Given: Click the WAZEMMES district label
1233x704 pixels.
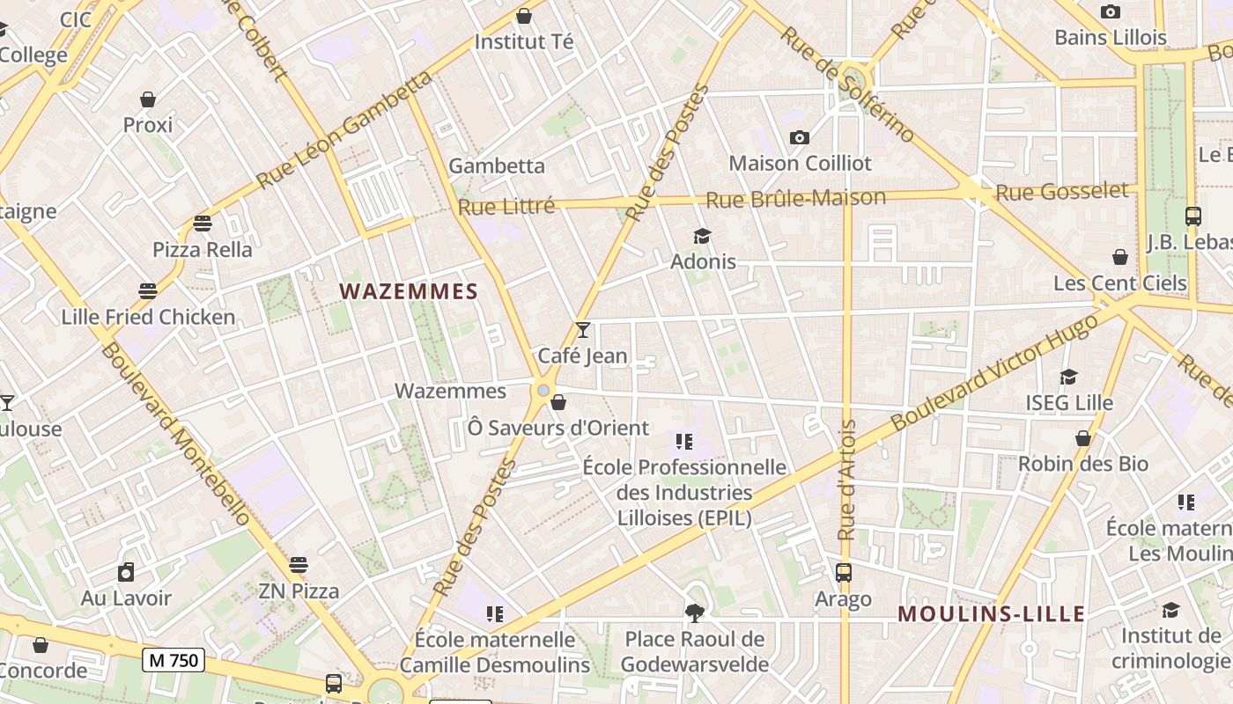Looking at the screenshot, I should click(x=409, y=291).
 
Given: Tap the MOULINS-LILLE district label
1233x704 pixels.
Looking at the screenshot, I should click(x=991, y=614).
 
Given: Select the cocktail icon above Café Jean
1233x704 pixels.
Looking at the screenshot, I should click(x=582, y=330).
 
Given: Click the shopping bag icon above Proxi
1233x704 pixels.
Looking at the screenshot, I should click(x=148, y=99).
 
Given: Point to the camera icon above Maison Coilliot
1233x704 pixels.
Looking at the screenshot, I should click(x=800, y=137).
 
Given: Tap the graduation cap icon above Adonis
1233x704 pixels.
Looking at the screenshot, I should click(x=702, y=236).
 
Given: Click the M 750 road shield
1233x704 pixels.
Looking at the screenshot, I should click(x=174, y=659).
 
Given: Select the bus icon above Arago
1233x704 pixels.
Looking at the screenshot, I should click(x=844, y=573).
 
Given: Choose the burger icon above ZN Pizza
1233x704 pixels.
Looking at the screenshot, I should click(x=299, y=565).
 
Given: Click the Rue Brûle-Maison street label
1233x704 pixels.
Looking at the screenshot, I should click(x=795, y=199).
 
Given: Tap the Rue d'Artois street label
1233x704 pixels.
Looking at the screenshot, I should click(x=847, y=480).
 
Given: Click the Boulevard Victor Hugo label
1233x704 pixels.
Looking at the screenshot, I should click(x=995, y=371).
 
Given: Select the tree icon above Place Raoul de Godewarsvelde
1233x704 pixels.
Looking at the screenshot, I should click(x=695, y=612).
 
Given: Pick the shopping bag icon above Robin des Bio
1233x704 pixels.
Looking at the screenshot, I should click(x=1083, y=438).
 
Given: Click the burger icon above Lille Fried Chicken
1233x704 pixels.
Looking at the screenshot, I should click(x=148, y=291).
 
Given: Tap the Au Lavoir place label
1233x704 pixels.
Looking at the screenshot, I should click(x=126, y=598).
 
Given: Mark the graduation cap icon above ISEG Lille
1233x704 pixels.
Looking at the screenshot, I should click(x=1069, y=377).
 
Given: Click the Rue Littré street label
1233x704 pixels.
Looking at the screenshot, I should click(x=506, y=207).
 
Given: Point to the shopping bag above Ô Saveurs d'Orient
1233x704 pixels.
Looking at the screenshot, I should click(x=557, y=403).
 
